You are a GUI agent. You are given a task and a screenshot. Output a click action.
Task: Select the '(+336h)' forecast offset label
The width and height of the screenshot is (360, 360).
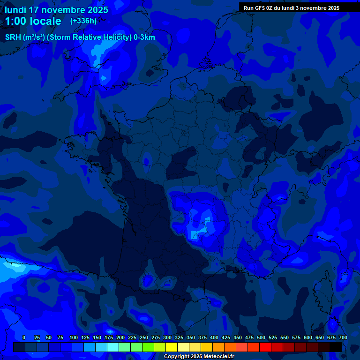tap(83, 21)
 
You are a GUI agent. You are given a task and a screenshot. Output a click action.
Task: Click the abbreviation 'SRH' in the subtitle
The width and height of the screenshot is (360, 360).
tap(13, 37)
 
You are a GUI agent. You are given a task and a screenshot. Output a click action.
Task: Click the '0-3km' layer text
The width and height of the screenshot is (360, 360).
tap(144, 37)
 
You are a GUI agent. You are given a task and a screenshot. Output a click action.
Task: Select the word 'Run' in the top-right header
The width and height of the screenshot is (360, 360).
tap(249, 8)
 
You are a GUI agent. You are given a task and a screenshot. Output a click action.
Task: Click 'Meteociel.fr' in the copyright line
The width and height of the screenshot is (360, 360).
tap(216, 357)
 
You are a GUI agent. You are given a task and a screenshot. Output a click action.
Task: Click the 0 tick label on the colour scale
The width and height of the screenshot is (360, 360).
tap(24, 337)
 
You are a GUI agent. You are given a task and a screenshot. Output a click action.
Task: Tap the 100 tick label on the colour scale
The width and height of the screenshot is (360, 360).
tap(74, 337)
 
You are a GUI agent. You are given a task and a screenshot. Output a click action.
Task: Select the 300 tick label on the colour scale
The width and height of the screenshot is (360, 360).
tap(167, 337)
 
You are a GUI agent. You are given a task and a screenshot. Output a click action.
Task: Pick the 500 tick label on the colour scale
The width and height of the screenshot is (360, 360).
tap(261, 337)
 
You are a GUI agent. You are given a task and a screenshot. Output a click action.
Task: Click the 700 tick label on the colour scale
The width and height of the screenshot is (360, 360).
tap(343, 337)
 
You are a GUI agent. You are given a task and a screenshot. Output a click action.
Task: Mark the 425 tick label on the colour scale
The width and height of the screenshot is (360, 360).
tap(226, 337)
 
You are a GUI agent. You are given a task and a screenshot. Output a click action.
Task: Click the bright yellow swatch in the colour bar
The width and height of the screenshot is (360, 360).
tap(172, 347)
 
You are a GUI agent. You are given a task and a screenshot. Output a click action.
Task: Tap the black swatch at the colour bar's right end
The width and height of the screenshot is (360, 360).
tap(336, 347)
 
